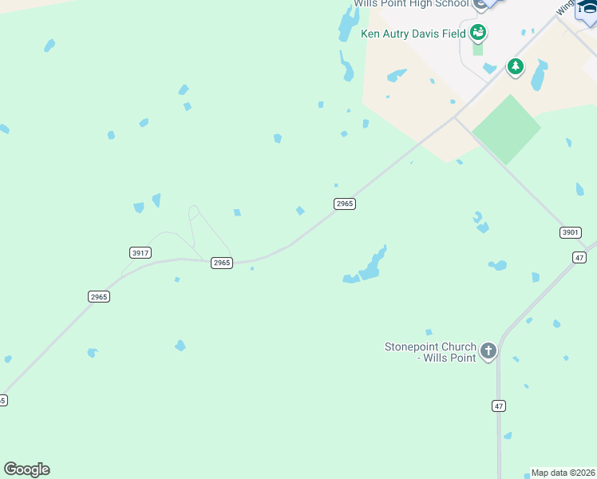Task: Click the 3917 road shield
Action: click(x=140, y=252)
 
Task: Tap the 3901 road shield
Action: click(x=570, y=232)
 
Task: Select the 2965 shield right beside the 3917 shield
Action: click(x=222, y=263)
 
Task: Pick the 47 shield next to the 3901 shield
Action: click(x=579, y=256)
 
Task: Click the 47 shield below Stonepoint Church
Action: click(x=499, y=406)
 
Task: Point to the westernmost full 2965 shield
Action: click(x=98, y=296)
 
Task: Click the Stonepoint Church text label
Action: click(x=430, y=352)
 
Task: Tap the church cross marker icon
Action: click(x=488, y=350)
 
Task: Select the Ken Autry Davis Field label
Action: click(x=413, y=34)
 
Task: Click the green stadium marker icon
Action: click(x=478, y=33)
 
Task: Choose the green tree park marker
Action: click(x=516, y=66)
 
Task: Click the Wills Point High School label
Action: click(x=410, y=4)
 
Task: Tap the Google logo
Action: click(x=26, y=469)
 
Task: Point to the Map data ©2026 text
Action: click(x=563, y=473)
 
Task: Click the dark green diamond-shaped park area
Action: click(x=506, y=129)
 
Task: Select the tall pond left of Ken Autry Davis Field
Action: click(x=349, y=22)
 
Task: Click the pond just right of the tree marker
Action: click(x=539, y=76)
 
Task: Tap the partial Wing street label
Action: click(x=565, y=7)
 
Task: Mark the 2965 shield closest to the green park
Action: click(x=344, y=204)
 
